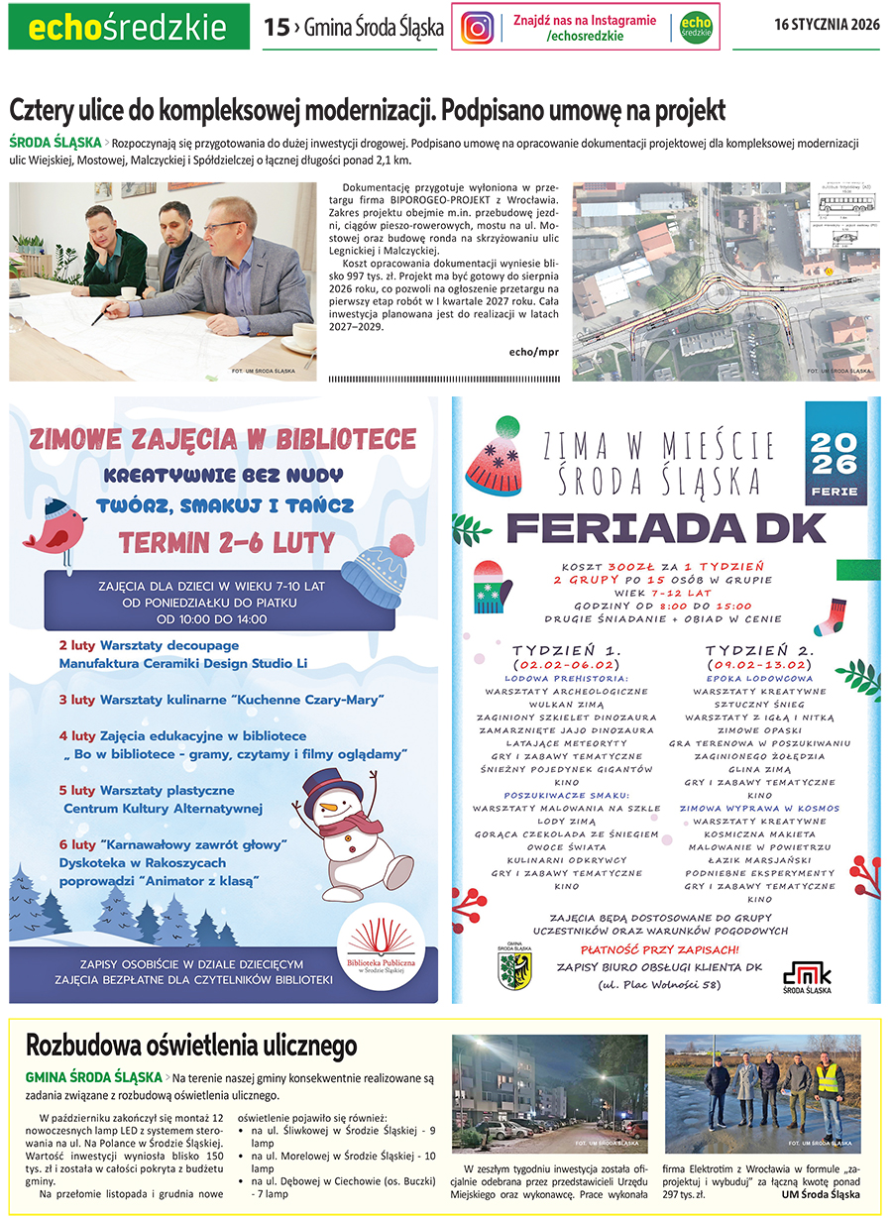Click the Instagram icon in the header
pyautogui.click(x=478, y=27)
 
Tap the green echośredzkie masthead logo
pyautogui.click(x=129, y=28)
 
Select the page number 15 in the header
pyautogui.click(x=276, y=28)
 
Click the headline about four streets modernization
pyautogui.click(x=368, y=108)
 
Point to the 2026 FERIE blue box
pyautogui.click(x=836, y=453)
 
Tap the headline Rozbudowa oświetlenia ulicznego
pyautogui.click(x=191, y=1046)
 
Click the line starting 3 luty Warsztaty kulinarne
pyautogui.click(x=220, y=700)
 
